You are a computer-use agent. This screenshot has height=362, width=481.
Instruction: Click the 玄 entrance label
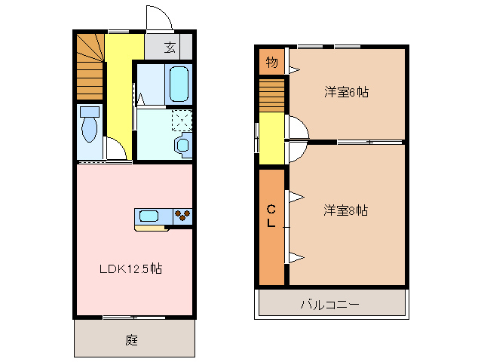pos(170,48)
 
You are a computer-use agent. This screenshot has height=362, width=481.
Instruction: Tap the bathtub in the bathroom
pos(179,84)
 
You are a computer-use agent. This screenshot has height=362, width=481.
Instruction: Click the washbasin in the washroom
pos(182,144)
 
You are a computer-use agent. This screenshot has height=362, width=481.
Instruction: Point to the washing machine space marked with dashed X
pos(182,120)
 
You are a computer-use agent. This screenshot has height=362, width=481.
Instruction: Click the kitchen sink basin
pos(149,216)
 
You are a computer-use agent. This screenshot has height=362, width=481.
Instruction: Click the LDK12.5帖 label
pos(133,268)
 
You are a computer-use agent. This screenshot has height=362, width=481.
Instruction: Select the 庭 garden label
pos(131,340)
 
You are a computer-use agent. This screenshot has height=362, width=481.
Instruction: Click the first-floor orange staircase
pos(90,68)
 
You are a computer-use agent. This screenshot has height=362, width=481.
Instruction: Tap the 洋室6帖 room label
pos(346,93)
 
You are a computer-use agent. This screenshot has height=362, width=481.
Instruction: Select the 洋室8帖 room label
pos(346,210)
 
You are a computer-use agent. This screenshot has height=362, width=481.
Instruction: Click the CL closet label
pos(271,216)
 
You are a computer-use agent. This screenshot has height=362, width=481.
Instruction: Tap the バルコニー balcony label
pos(330,305)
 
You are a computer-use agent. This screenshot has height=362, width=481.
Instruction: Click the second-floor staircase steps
pos(272,96)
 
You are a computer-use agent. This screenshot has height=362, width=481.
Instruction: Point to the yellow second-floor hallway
pos(272,140)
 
